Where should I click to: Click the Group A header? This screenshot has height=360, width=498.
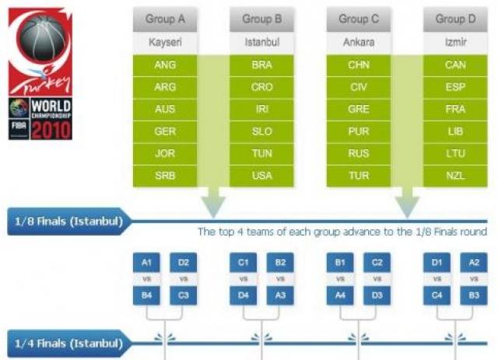(x=165, y=19)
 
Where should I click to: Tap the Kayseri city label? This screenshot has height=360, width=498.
(x=165, y=43)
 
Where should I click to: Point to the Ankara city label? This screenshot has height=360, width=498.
(x=359, y=43)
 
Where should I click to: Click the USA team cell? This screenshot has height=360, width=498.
(x=262, y=176)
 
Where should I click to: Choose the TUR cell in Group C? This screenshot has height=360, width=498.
(x=359, y=176)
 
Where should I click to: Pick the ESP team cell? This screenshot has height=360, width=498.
(x=455, y=87)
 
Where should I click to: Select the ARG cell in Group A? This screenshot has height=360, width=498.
(x=165, y=87)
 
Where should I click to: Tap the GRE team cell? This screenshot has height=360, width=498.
(x=359, y=110)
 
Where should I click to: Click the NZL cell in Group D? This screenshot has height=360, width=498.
(x=455, y=176)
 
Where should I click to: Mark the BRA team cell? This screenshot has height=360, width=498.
(x=262, y=65)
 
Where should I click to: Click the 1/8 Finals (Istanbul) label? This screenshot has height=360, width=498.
(x=68, y=221)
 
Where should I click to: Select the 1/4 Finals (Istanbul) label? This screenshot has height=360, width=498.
(x=68, y=341)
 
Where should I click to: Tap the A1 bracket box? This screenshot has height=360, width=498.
(x=146, y=262)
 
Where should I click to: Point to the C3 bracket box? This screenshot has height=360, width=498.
(x=183, y=295)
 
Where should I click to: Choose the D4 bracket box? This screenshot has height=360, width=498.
(x=243, y=295)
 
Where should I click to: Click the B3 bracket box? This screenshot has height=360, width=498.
(x=473, y=295)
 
